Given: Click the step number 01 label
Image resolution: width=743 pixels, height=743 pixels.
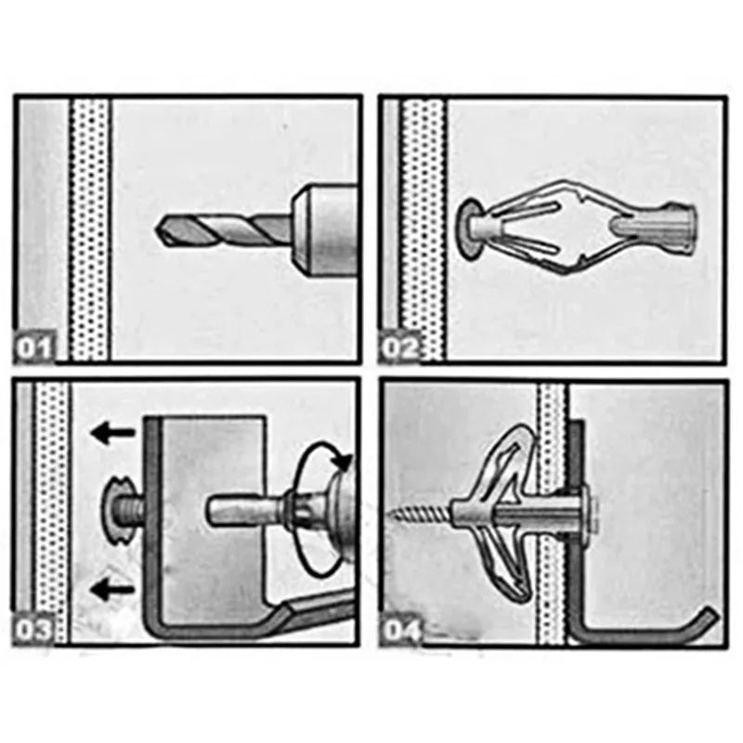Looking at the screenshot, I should pyautogui.click(x=35, y=348).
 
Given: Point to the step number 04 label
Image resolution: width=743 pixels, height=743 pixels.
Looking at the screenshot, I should pyautogui.click(x=402, y=631).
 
